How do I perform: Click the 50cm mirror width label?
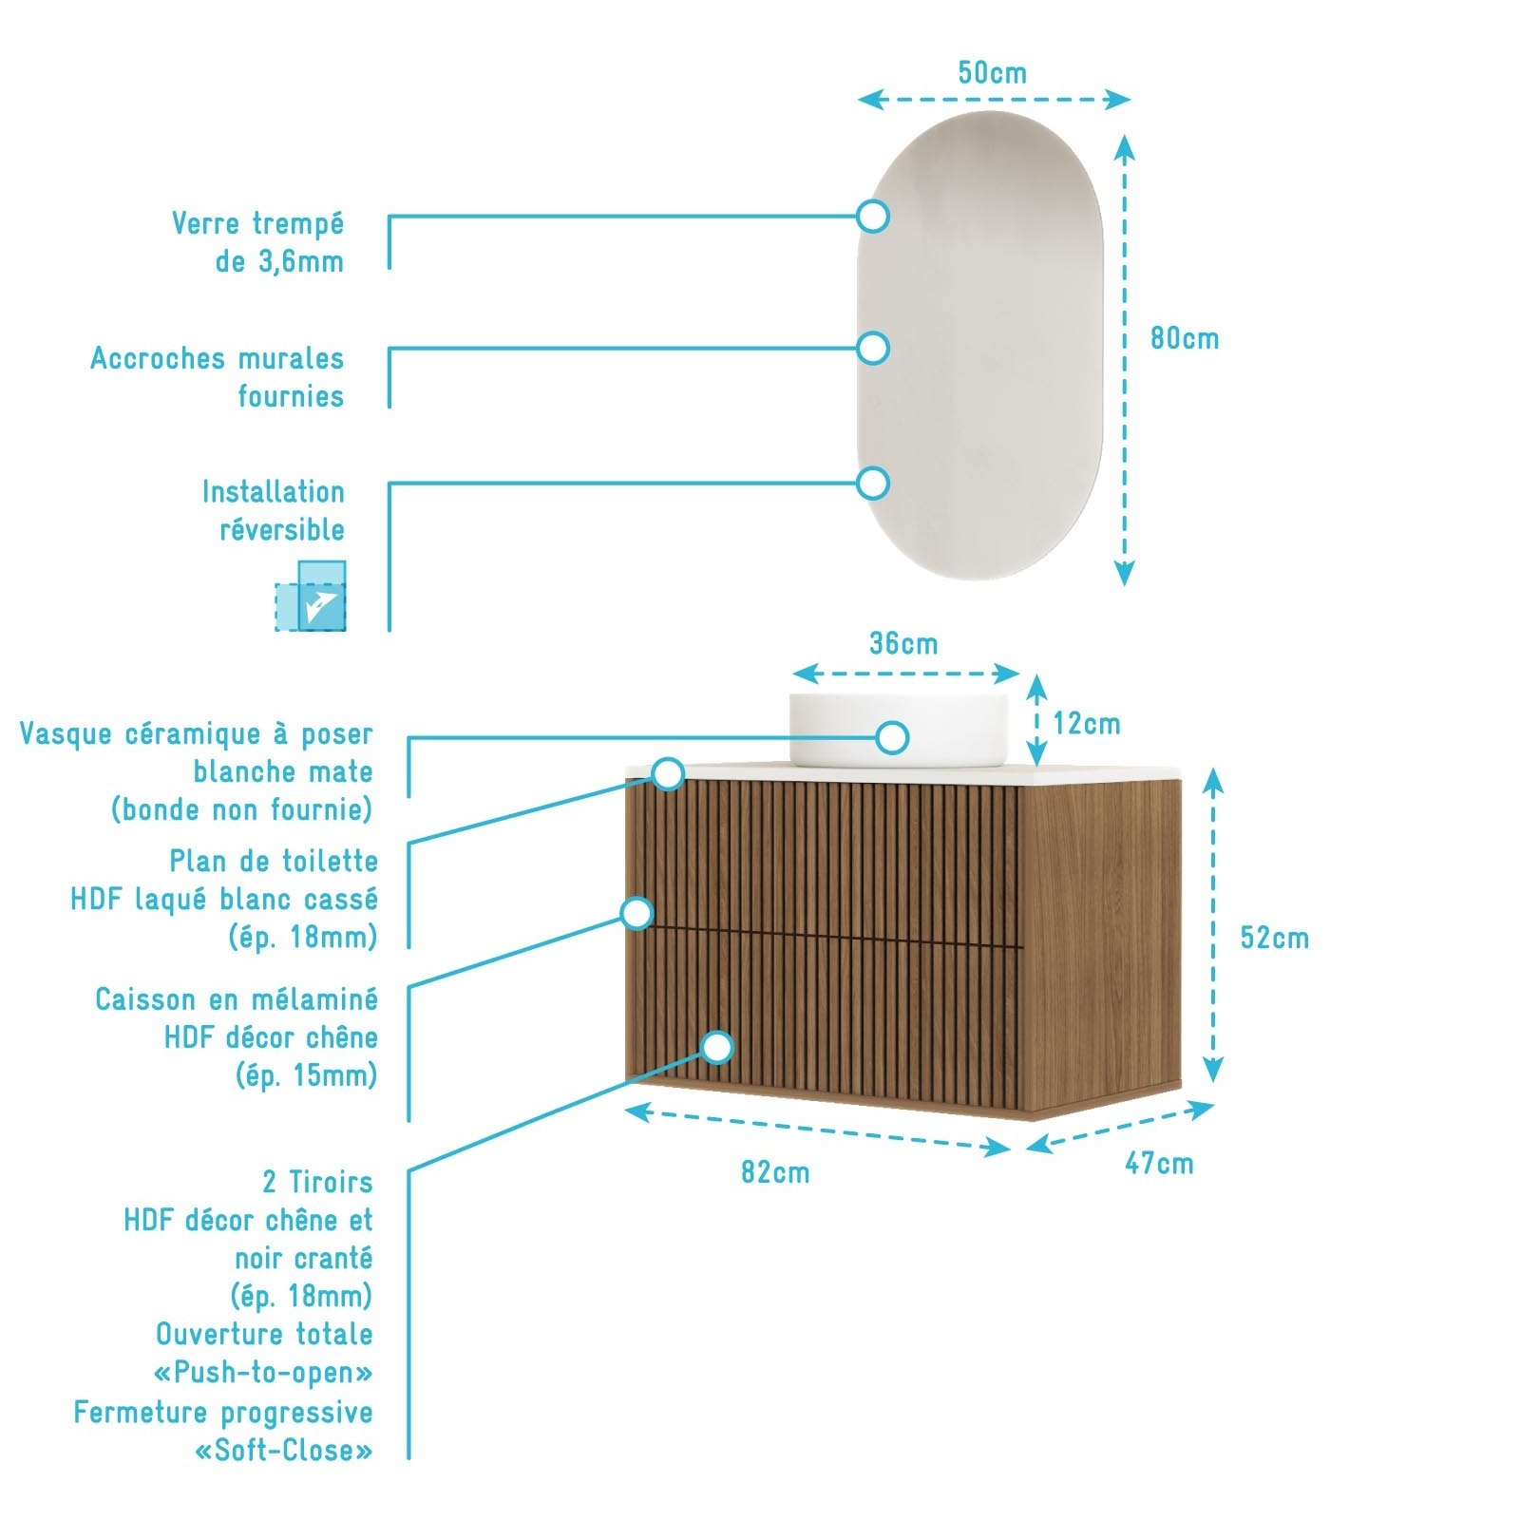pyautogui.click(x=992, y=73)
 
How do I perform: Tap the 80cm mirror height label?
pyautogui.click(x=1185, y=338)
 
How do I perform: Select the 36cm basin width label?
pyautogui.click(x=903, y=643)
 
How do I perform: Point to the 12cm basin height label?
pyautogui.click(x=1087, y=724)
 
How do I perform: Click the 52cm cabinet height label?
pyautogui.click(x=1275, y=938)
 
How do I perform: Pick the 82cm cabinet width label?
pyautogui.click(x=775, y=1172)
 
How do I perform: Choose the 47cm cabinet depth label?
pyautogui.click(x=1159, y=1163)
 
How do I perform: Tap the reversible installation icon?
pyautogui.click(x=311, y=596)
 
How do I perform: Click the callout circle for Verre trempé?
pyautogui.click(x=872, y=216)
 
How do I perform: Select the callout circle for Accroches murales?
pyautogui.click(x=872, y=348)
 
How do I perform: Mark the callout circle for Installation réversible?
pyautogui.click(x=872, y=483)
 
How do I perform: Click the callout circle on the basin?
pyautogui.click(x=892, y=737)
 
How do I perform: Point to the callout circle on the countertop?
pyautogui.click(x=669, y=773)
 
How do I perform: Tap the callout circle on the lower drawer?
pyautogui.click(x=718, y=1047)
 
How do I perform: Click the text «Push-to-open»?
pyautogui.click(x=263, y=1373)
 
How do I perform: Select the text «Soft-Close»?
pyautogui.click(x=283, y=1451)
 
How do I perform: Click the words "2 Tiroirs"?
pyautogui.click(x=317, y=1182)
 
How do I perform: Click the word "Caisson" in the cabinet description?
pyautogui.click(x=147, y=999)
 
